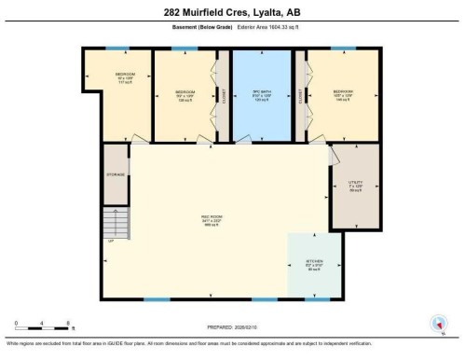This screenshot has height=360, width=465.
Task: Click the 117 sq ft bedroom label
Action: tap(124, 77)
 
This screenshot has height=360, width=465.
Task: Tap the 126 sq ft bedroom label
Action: tap(185, 93)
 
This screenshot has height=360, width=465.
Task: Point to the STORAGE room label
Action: tap(116, 174)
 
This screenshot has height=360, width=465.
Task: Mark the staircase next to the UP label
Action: tap(114, 222)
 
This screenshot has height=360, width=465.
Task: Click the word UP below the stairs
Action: tap(111, 242)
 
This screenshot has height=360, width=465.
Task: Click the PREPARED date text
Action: tap(232, 327)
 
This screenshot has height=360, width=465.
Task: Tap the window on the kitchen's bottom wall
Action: tap(317, 299)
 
